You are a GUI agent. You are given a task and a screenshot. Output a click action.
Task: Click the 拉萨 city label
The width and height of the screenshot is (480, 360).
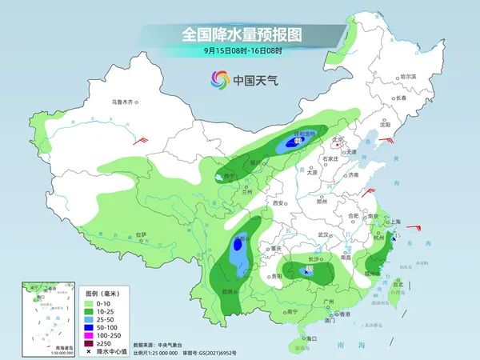click(141, 234)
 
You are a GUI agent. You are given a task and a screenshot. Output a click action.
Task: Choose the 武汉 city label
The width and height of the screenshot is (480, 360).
click(324, 234)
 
